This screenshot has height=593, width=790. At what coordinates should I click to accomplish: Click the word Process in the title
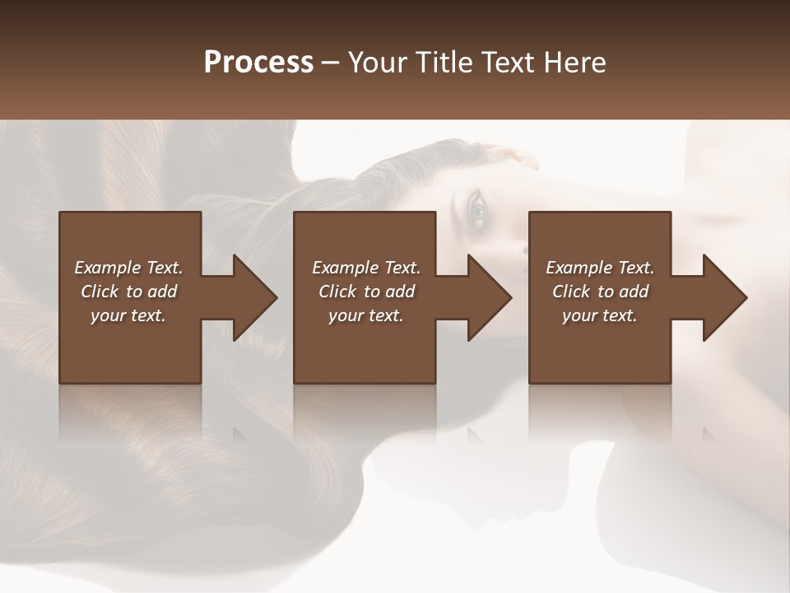[258, 62]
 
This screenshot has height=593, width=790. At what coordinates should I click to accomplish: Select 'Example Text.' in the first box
[128, 268]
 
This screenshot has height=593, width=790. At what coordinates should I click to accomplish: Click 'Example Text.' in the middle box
[366, 268]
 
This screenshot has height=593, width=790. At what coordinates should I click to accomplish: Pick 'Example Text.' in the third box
[600, 268]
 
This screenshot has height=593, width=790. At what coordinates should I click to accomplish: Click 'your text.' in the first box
[128, 315]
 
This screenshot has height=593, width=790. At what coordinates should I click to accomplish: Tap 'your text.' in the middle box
[366, 315]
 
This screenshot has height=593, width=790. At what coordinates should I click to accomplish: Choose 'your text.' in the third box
[600, 315]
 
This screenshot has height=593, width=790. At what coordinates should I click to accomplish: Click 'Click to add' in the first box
[128, 292]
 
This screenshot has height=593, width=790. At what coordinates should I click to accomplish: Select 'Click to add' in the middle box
[366, 292]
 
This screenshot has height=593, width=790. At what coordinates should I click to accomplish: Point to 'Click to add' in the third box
[600, 292]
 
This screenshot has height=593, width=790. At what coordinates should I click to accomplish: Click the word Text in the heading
[507, 62]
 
